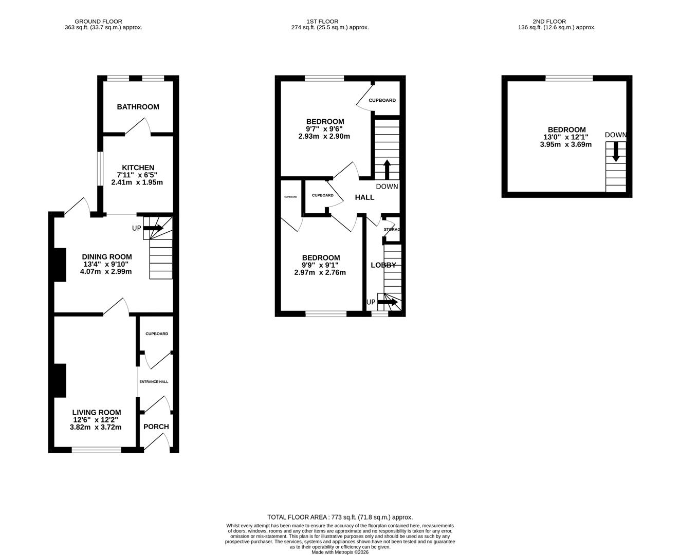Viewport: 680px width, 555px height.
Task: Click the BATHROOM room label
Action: [x=138, y=107]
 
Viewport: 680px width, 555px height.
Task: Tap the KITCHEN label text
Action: [x=138, y=168]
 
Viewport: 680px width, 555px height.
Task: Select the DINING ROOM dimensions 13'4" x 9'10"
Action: [x=106, y=264]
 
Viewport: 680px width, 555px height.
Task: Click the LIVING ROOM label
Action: [x=97, y=412]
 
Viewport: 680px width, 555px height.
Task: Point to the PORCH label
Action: [x=156, y=427]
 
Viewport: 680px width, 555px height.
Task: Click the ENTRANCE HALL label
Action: [x=154, y=382]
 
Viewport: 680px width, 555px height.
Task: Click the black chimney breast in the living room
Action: [x=60, y=380]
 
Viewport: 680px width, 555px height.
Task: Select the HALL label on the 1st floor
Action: [x=364, y=197]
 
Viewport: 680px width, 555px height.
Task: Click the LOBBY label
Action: [x=383, y=265]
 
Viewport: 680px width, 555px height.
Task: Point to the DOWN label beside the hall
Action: [x=387, y=187]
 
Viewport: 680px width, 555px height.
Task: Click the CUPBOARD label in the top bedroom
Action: [x=382, y=100]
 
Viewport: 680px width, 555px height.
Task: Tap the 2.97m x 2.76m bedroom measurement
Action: [x=320, y=272]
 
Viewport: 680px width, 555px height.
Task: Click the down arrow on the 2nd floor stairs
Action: [x=616, y=153]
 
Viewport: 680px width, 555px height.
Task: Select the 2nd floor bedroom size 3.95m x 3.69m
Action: [x=565, y=144]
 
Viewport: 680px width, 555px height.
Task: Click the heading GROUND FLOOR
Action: [x=98, y=22]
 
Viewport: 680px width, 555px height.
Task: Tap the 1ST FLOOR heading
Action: [x=322, y=22]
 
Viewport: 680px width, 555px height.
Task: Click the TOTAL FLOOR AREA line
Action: [x=340, y=517]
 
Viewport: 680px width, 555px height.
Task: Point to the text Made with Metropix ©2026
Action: [x=340, y=552]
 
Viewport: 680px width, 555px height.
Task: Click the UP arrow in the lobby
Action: [x=388, y=302]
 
